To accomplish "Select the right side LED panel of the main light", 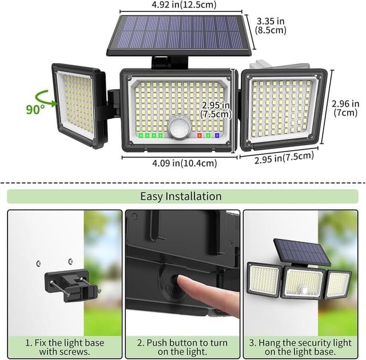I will [283, 108].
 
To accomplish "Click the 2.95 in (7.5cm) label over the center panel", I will [216, 109].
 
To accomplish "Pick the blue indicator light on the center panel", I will [217, 135].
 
